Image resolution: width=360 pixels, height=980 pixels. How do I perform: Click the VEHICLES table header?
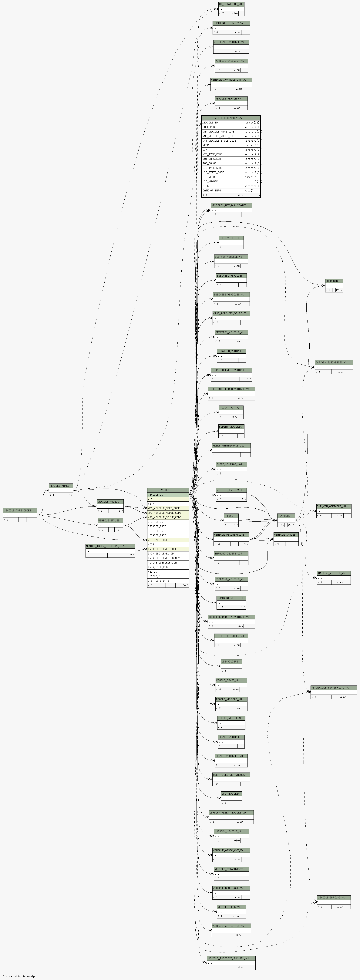(168, 490)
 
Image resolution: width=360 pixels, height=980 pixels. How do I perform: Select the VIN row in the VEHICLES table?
(168, 499)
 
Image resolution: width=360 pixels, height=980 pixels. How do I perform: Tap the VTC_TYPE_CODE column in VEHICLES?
(168, 540)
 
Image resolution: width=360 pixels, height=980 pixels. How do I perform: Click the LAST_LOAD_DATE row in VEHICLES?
(168, 581)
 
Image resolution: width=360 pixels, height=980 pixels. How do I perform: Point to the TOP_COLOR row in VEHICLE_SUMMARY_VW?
(223, 163)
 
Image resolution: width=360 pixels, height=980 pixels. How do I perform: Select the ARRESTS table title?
(334, 281)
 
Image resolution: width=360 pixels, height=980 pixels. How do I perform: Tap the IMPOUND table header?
(286, 516)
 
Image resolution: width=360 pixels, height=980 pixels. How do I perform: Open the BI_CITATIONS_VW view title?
(231, 4)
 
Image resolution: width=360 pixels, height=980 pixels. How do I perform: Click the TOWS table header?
(231, 516)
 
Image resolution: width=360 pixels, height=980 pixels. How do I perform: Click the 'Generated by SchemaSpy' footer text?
(19, 976)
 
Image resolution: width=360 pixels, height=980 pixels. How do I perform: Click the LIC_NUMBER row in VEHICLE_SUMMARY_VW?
(223, 181)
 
